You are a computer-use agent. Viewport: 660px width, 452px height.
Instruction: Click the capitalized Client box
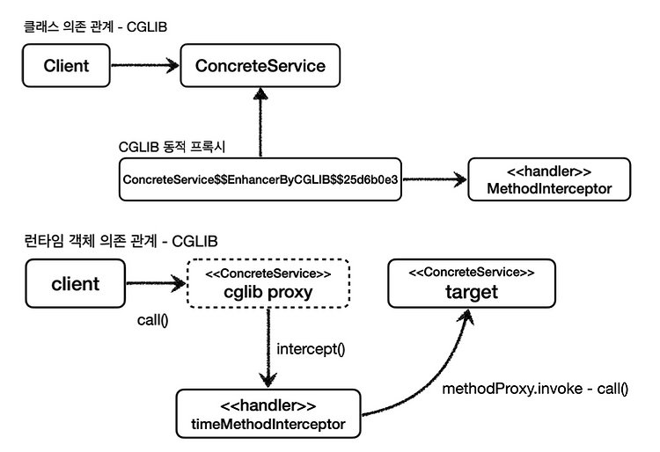[66, 66]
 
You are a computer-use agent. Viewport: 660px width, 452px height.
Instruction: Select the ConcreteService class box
[260, 66]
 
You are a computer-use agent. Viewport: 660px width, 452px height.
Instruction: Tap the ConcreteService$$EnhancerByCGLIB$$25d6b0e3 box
[260, 179]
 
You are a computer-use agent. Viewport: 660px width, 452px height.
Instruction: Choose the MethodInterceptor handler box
[549, 179]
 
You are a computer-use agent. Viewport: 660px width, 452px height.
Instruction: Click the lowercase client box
[76, 283]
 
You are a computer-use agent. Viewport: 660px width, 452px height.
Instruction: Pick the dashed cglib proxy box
[268, 283]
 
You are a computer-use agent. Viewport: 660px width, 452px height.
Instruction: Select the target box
[472, 283]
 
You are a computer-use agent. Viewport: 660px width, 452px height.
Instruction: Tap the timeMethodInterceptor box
[268, 413]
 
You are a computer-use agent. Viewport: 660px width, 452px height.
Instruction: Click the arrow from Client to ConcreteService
[145, 66]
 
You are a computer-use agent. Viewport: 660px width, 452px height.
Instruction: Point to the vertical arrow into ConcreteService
[260, 122]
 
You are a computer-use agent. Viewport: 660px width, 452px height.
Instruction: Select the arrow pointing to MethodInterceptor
[435, 179]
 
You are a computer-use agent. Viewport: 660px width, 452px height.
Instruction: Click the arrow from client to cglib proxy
[156, 283]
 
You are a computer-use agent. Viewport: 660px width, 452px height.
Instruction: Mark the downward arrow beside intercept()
[268, 348]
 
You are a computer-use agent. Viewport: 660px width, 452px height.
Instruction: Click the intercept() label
[311, 349]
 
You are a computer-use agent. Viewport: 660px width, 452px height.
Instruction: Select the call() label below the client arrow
[153, 320]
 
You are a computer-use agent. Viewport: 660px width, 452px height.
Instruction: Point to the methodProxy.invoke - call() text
[535, 389]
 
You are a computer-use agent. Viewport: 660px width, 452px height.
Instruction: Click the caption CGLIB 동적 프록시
[172, 147]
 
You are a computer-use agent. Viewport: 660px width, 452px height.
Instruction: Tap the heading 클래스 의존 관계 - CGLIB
[96, 27]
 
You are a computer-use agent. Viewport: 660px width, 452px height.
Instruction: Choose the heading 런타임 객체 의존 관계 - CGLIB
[121, 241]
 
